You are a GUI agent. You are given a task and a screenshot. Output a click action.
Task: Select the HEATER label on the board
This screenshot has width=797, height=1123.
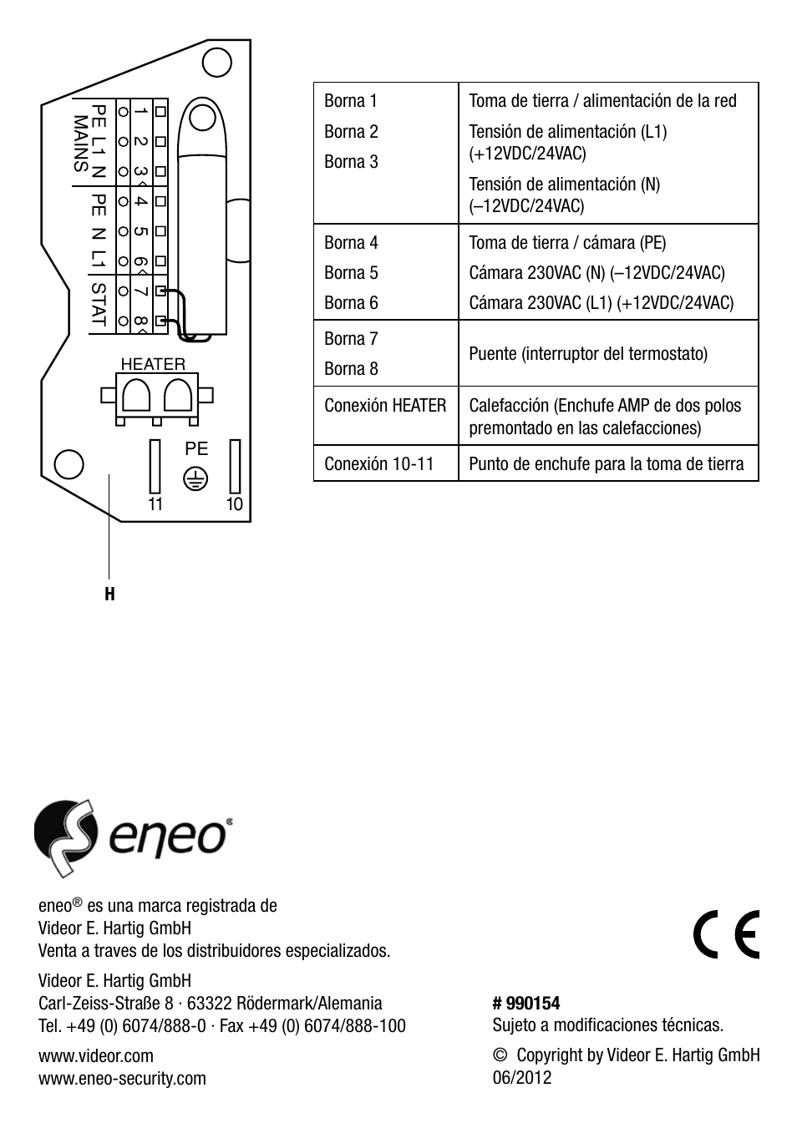click(153, 364)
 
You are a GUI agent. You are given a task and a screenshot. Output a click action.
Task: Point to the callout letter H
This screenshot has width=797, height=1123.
click(109, 594)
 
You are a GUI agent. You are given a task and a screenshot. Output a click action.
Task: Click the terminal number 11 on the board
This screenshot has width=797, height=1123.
click(155, 504)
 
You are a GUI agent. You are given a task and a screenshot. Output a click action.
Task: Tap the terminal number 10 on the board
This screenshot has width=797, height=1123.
click(234, 504)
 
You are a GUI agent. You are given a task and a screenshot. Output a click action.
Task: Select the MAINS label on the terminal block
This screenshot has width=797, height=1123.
click(81, 144)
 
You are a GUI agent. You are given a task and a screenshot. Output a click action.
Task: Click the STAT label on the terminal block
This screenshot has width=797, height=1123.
click(99, 304)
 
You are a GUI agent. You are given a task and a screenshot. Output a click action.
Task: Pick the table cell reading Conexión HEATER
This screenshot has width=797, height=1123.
click(385, 406)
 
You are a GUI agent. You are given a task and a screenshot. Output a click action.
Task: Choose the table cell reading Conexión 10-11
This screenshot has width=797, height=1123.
click(379, 464)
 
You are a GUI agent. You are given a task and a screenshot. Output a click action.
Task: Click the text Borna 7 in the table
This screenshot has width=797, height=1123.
click(351, 338)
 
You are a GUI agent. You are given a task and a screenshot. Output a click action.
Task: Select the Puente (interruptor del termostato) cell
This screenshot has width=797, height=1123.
click(588, 353)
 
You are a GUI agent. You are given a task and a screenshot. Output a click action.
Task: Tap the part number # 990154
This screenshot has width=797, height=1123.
click(526, 1003)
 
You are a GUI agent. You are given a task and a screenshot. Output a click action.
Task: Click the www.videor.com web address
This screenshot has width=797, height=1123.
click(96, 1055)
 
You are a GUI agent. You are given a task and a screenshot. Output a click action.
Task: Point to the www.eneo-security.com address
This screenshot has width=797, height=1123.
click(122, 1078)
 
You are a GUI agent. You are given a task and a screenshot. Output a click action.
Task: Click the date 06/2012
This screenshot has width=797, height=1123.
click(522, 1077)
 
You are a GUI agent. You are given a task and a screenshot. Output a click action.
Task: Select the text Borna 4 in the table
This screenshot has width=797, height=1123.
click(351, 243)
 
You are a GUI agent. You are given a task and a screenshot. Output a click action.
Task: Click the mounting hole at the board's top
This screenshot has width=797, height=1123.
click(218, 62)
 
